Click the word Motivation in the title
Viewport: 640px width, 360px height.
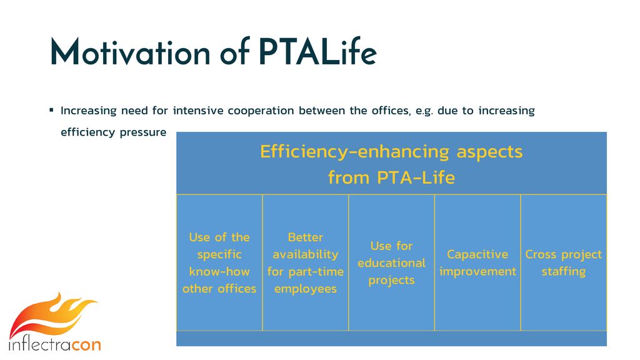click(x=130, y=52)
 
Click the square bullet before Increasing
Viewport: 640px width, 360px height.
click(x=51, y=110)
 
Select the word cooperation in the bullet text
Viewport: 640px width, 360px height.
click(x=261, y=111)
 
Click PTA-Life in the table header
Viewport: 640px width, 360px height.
click(x=416, y=177)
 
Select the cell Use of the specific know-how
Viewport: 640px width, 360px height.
click(x=219, y=262)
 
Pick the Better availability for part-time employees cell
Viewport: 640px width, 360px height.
click(x=306, y=262)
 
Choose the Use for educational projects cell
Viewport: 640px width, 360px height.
click(x=392, y=262)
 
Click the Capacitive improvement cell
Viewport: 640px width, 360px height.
click(x=478, y=262)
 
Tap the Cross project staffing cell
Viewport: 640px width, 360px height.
click(x=564, y=262)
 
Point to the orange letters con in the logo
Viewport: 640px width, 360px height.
click(x=86, y=344)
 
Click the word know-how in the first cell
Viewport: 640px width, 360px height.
click(x=219, y=271)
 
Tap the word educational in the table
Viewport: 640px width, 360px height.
click(x=392, y=263)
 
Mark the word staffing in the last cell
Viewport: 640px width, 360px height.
click(x=564, y=272)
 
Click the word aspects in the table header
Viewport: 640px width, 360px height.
click(x=489, y=152)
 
